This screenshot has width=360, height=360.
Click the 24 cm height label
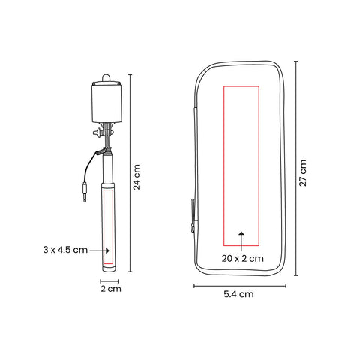pos(136,177)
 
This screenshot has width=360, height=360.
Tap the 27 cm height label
pos(303,173)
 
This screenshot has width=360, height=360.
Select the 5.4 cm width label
pos(238,294)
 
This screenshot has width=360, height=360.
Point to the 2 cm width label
pos(111,289)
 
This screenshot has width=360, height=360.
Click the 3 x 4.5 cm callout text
pos(65,250)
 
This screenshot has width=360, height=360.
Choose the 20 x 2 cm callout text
pos(243,258)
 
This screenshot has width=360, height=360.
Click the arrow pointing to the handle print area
pos(100,250)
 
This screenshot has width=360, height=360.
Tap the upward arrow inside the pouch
pos(241,241)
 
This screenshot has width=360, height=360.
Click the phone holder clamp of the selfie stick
pos(106,102)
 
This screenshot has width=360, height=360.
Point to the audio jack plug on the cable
pos(85,192)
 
